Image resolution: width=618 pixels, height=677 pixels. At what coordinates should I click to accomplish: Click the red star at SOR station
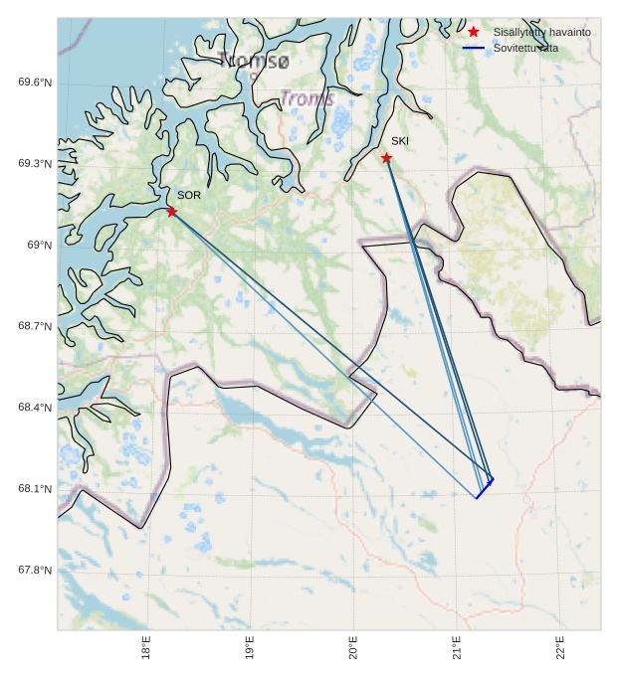pos(172,211)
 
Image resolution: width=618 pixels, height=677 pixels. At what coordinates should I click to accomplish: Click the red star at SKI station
pos(386,157)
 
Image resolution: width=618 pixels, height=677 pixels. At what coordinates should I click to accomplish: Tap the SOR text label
pos(189,195)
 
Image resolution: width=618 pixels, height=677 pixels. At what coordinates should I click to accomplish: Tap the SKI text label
pos(399,141)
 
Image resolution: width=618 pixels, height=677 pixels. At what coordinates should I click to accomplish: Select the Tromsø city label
pos(255,62)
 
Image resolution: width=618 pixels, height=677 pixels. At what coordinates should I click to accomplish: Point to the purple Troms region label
pos(307,99)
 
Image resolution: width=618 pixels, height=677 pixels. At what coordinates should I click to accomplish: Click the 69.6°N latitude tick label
pos(35,83)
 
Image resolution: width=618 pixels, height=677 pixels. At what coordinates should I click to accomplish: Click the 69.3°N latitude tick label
pos(35,164)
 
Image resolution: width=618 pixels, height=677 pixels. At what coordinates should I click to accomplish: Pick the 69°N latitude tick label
pos(39,246)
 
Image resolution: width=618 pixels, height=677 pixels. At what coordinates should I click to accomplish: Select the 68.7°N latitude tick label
pos(35,327)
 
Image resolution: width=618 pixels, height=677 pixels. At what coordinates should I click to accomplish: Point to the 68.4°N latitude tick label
pos(35,408)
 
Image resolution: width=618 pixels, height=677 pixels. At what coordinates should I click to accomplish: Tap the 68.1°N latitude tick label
pos(35,489)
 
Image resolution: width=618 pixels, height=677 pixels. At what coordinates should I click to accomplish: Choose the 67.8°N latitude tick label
pos(35,571)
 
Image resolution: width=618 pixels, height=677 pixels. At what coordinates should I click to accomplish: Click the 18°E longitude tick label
pos(146,648)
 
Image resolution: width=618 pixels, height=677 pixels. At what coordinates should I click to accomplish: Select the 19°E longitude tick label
pos(250,648)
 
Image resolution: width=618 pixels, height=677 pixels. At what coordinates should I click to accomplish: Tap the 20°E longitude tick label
pos(353,648)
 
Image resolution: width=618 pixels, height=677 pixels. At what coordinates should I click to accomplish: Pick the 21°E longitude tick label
pos(457,648)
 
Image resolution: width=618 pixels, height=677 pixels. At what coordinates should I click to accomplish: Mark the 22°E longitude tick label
pos(560,648)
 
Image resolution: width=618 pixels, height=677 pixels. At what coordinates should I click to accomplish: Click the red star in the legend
pos(474,32)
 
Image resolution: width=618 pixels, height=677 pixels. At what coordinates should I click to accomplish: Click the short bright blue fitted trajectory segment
pos(485,488)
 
